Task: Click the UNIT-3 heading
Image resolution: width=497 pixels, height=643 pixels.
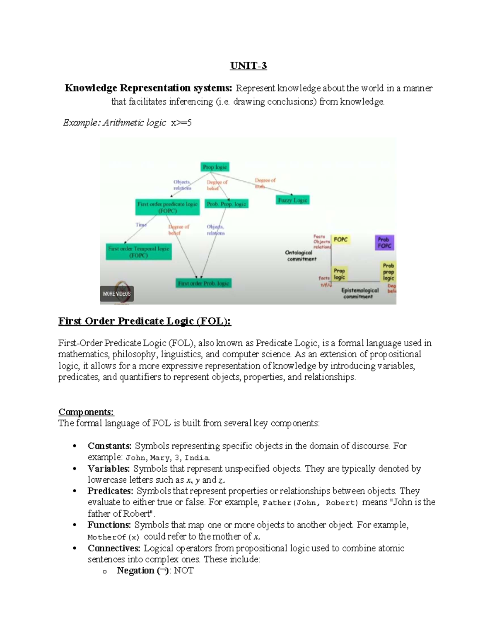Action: (248, 66)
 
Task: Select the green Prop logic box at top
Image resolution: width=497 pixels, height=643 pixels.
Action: (215, 167)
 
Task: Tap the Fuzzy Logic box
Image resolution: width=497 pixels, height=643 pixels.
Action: (293, 200)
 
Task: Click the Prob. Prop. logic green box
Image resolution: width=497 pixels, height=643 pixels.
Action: (227, 204)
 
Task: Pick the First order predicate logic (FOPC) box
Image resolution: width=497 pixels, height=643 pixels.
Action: (167, 207)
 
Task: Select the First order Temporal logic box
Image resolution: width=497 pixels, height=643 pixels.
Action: (138, 252)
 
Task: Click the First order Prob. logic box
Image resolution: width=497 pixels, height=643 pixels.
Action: (203, 283)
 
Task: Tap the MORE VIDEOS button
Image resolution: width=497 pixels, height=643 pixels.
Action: (117, 294)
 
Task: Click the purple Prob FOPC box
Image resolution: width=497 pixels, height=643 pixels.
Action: (384, 243)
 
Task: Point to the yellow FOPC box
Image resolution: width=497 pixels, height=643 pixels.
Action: (340, 240)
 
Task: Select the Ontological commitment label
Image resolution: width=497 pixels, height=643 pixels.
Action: (301, 256)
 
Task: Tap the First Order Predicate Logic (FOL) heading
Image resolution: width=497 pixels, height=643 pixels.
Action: (145, 321)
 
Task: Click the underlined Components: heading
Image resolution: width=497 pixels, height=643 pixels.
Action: (86, 412)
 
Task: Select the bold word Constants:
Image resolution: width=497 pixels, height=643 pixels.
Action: (109, 446)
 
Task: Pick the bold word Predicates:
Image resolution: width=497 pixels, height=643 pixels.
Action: (110, 491)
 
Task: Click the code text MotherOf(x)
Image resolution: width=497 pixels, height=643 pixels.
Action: (113, 537)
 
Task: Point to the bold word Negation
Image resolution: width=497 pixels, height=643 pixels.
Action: (135, 571)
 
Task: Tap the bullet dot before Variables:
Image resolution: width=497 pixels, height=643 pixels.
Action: (75, 469)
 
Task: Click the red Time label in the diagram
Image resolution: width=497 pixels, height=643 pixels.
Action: (141, 225)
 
